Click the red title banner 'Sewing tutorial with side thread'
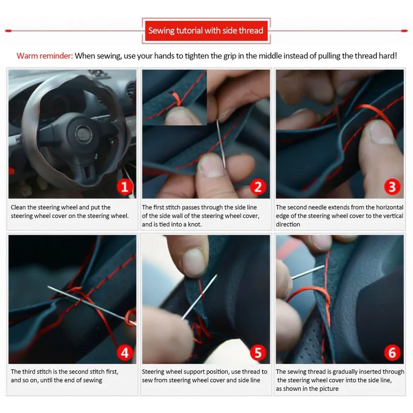(206, 31)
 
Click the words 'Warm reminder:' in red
(44, 56)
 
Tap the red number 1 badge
(124, 187)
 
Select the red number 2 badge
(258, 187)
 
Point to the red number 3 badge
(392, 187)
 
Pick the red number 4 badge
(124, 353)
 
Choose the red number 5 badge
(258, 353)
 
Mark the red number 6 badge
(392, 353)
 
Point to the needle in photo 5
(199, 297)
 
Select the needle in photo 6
(308, 272)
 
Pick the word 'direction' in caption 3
(288, 225)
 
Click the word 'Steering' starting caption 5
(152, 372)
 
